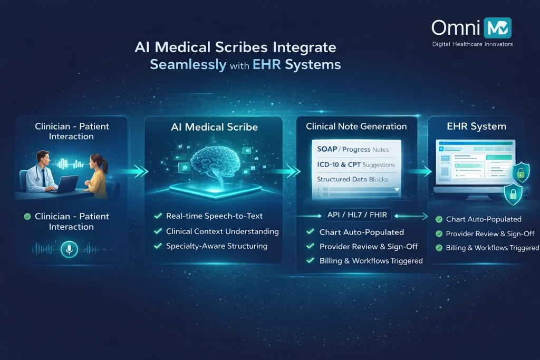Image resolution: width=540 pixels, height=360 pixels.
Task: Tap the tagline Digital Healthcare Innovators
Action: tap(472, 44)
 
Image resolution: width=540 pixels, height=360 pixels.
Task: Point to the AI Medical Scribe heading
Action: tap(214, 127)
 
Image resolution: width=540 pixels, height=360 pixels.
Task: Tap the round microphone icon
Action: tap(69, 249)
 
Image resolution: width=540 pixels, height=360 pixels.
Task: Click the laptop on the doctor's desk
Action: tap(67, 183)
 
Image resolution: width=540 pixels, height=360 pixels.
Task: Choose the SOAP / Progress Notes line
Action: tap(353, 150)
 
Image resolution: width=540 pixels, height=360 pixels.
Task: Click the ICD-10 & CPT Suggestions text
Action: tap(356, 164)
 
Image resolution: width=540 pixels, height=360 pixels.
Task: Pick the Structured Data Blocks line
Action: tap(352, 179)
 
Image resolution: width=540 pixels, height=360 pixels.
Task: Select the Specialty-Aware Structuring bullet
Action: tap(216, 246)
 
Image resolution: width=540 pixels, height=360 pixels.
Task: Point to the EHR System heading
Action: tap(477, 127)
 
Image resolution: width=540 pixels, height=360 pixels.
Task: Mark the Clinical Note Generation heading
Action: tap(356, 127)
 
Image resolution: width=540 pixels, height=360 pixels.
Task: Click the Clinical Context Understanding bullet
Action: tap(221, 231)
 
